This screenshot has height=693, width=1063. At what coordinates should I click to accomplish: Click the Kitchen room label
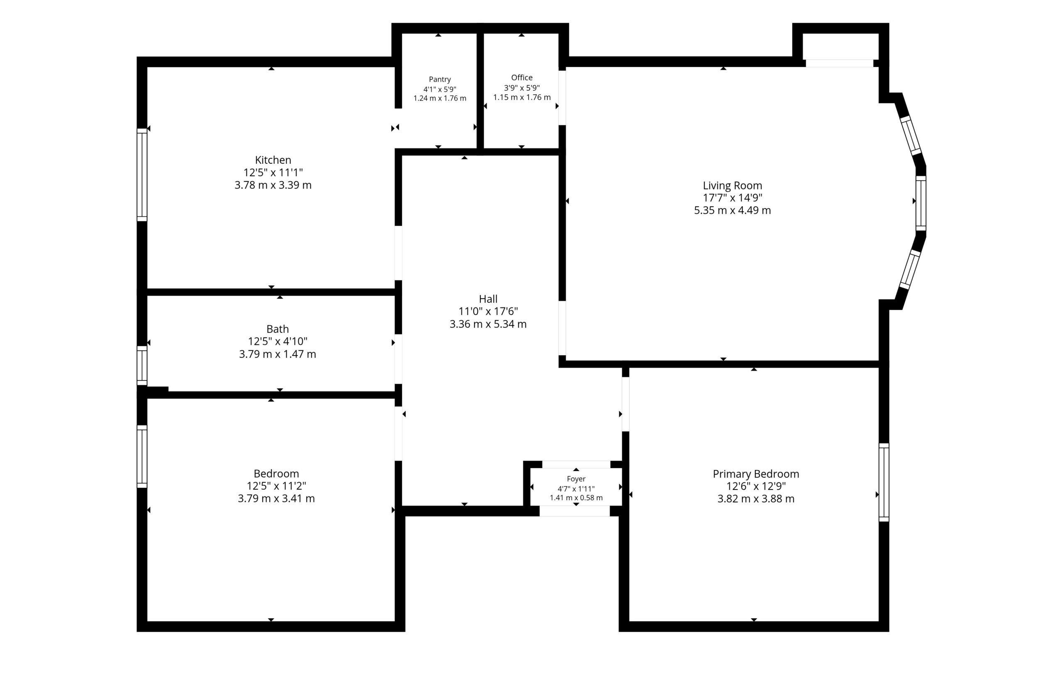(x=273, y=160)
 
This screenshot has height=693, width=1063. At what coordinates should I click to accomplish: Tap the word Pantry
(x=440, y=79)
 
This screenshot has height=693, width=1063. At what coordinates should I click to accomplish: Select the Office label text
(x=522, y=77)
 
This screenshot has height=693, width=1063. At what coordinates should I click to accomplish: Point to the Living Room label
(x=732, y=185)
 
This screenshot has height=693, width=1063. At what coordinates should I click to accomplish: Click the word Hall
(x=488, y=299)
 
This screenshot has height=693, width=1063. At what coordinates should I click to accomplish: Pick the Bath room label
(x=277, y=329)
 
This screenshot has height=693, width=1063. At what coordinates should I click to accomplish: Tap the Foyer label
(x=576, y=479)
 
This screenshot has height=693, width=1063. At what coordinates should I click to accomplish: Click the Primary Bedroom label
(x=756, y=474)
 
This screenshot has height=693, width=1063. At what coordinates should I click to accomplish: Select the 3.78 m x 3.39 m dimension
(x=273, y=185)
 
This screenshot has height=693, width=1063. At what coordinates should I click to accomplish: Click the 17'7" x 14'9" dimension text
(x=732, y=198)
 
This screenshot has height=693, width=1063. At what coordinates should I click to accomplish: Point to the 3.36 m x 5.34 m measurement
(x=488, y=324)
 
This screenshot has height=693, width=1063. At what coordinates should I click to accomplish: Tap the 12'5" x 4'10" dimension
(x=277, y=342)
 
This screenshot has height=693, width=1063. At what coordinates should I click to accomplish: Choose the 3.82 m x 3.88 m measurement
(x=756, y=499)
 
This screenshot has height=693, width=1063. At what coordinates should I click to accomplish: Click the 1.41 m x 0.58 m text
(x=576, y=498)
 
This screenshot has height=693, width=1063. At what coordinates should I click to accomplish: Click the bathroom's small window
(x=142, y=366)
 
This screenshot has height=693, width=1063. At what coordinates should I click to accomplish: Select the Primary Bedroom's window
(x=884, y=482)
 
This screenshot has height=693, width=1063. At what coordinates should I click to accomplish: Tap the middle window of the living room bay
(x=921, y=204)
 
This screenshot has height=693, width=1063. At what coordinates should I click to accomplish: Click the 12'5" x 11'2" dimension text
(x=276, y=486)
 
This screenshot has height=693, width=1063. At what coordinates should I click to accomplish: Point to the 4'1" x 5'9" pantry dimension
(x=440, y=89)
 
